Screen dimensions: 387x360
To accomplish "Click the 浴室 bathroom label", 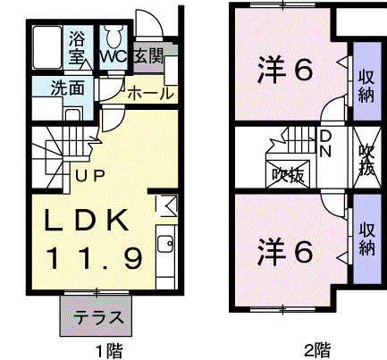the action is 77,47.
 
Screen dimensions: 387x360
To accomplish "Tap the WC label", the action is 114,55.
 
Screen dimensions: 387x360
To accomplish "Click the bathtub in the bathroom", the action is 47,47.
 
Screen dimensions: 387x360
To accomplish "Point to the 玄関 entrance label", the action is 148,55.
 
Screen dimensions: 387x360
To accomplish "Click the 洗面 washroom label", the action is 67,88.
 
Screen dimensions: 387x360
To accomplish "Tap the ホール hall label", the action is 151,94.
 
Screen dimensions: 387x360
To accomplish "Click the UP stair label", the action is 89,176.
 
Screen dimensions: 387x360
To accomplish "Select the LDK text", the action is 87,220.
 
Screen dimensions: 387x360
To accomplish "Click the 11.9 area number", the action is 93,258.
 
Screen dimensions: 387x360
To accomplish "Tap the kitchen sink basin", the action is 165,244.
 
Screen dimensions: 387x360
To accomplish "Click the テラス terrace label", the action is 98,317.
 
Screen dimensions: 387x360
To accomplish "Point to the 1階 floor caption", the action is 109,351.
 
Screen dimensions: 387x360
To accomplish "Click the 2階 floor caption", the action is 317,350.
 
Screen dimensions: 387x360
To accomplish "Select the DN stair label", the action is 325,144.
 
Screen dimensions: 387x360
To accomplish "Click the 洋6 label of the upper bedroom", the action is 285,71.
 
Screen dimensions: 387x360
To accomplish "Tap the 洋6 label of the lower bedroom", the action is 285,252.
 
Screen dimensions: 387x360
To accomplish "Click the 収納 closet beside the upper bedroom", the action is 367,81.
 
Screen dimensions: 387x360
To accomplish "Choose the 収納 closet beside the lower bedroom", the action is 367,239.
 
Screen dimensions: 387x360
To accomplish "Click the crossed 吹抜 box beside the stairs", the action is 288,174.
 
